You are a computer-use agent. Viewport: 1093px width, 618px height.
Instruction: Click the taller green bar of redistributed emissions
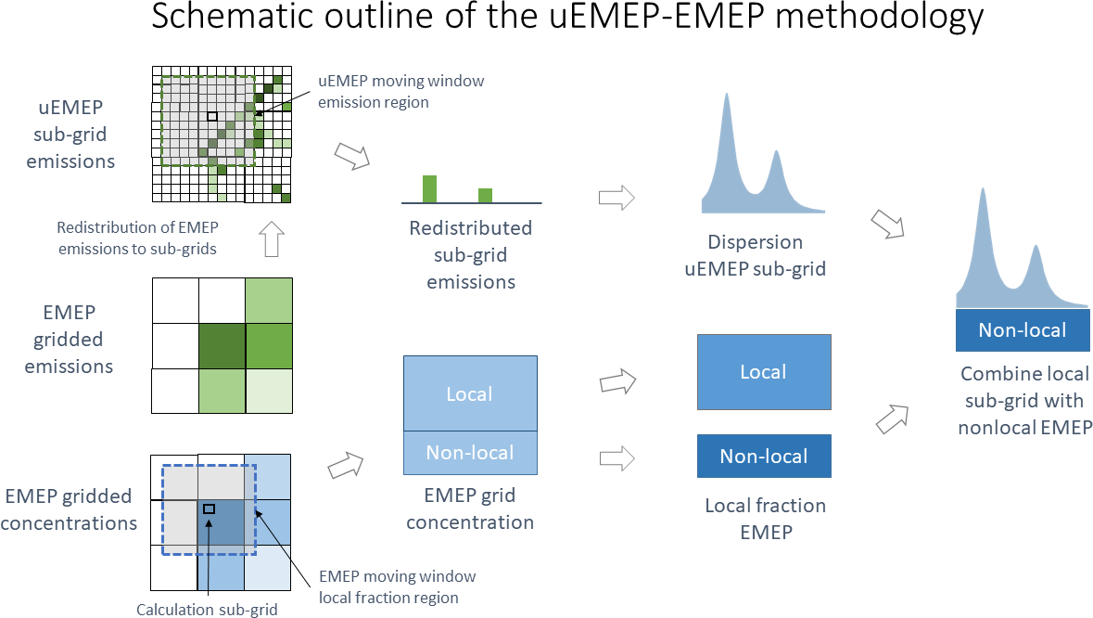click(429, 188)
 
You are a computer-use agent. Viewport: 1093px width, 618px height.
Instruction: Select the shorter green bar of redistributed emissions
click(485, 195)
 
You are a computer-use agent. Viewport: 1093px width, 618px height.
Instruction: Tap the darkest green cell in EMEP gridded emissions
click(222, 345)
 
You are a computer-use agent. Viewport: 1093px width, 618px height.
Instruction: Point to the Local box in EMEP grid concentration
click(470, 393)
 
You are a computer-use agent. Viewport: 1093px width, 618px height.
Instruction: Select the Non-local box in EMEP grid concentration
click(470, 453)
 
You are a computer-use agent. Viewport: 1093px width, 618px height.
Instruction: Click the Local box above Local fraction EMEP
click(763, 372)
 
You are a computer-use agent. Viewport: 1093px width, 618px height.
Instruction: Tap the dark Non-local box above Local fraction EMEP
click(763, 456)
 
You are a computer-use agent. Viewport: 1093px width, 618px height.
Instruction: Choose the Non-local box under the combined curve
click(1023, 330)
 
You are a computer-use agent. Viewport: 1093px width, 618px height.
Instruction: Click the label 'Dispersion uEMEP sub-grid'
click(756, 255)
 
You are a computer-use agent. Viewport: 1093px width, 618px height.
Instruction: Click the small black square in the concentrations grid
click(209, 509)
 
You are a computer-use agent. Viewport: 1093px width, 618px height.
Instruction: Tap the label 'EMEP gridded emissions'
click(70, 340)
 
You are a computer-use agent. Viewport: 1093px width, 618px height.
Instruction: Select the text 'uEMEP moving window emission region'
click(400, 92)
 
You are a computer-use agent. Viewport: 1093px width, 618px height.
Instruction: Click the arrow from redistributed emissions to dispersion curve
click(616, 197)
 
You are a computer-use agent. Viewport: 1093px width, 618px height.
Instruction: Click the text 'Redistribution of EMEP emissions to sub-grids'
click(136, 238)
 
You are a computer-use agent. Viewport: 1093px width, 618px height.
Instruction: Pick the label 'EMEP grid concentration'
click(470, 509)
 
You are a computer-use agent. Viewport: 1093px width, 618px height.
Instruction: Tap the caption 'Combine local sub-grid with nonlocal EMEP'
click(1024, 401)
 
